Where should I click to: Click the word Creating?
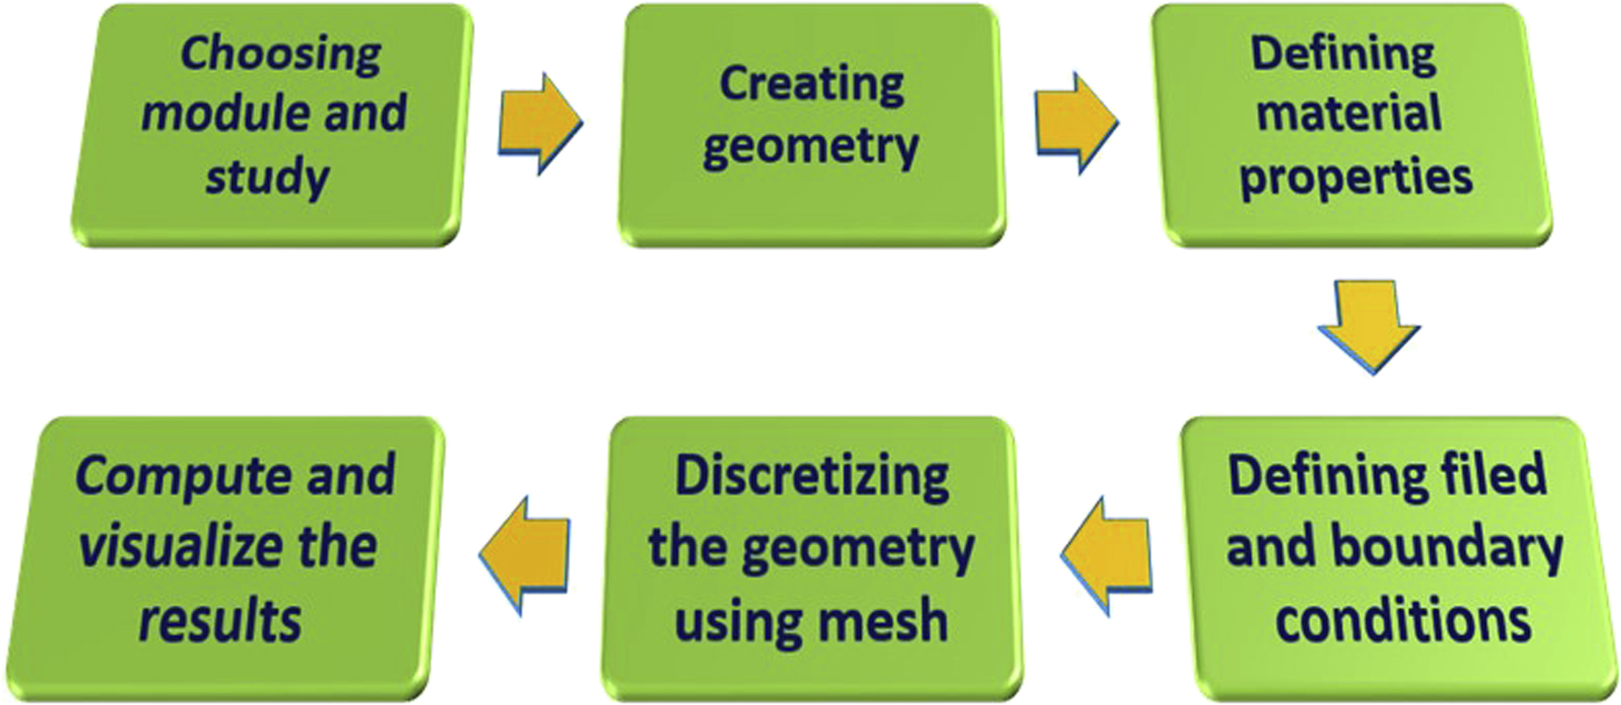(x=811, y=84)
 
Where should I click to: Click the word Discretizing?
(x=811, y=476)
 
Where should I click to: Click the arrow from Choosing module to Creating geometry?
(x=540, y=123)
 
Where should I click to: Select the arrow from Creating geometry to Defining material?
(x=1076, y=123)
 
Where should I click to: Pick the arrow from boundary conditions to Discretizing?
(x=1106, y=555)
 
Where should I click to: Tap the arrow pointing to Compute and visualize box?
(x=525, y=555)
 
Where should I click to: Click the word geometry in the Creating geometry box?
(x=811, y=147)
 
